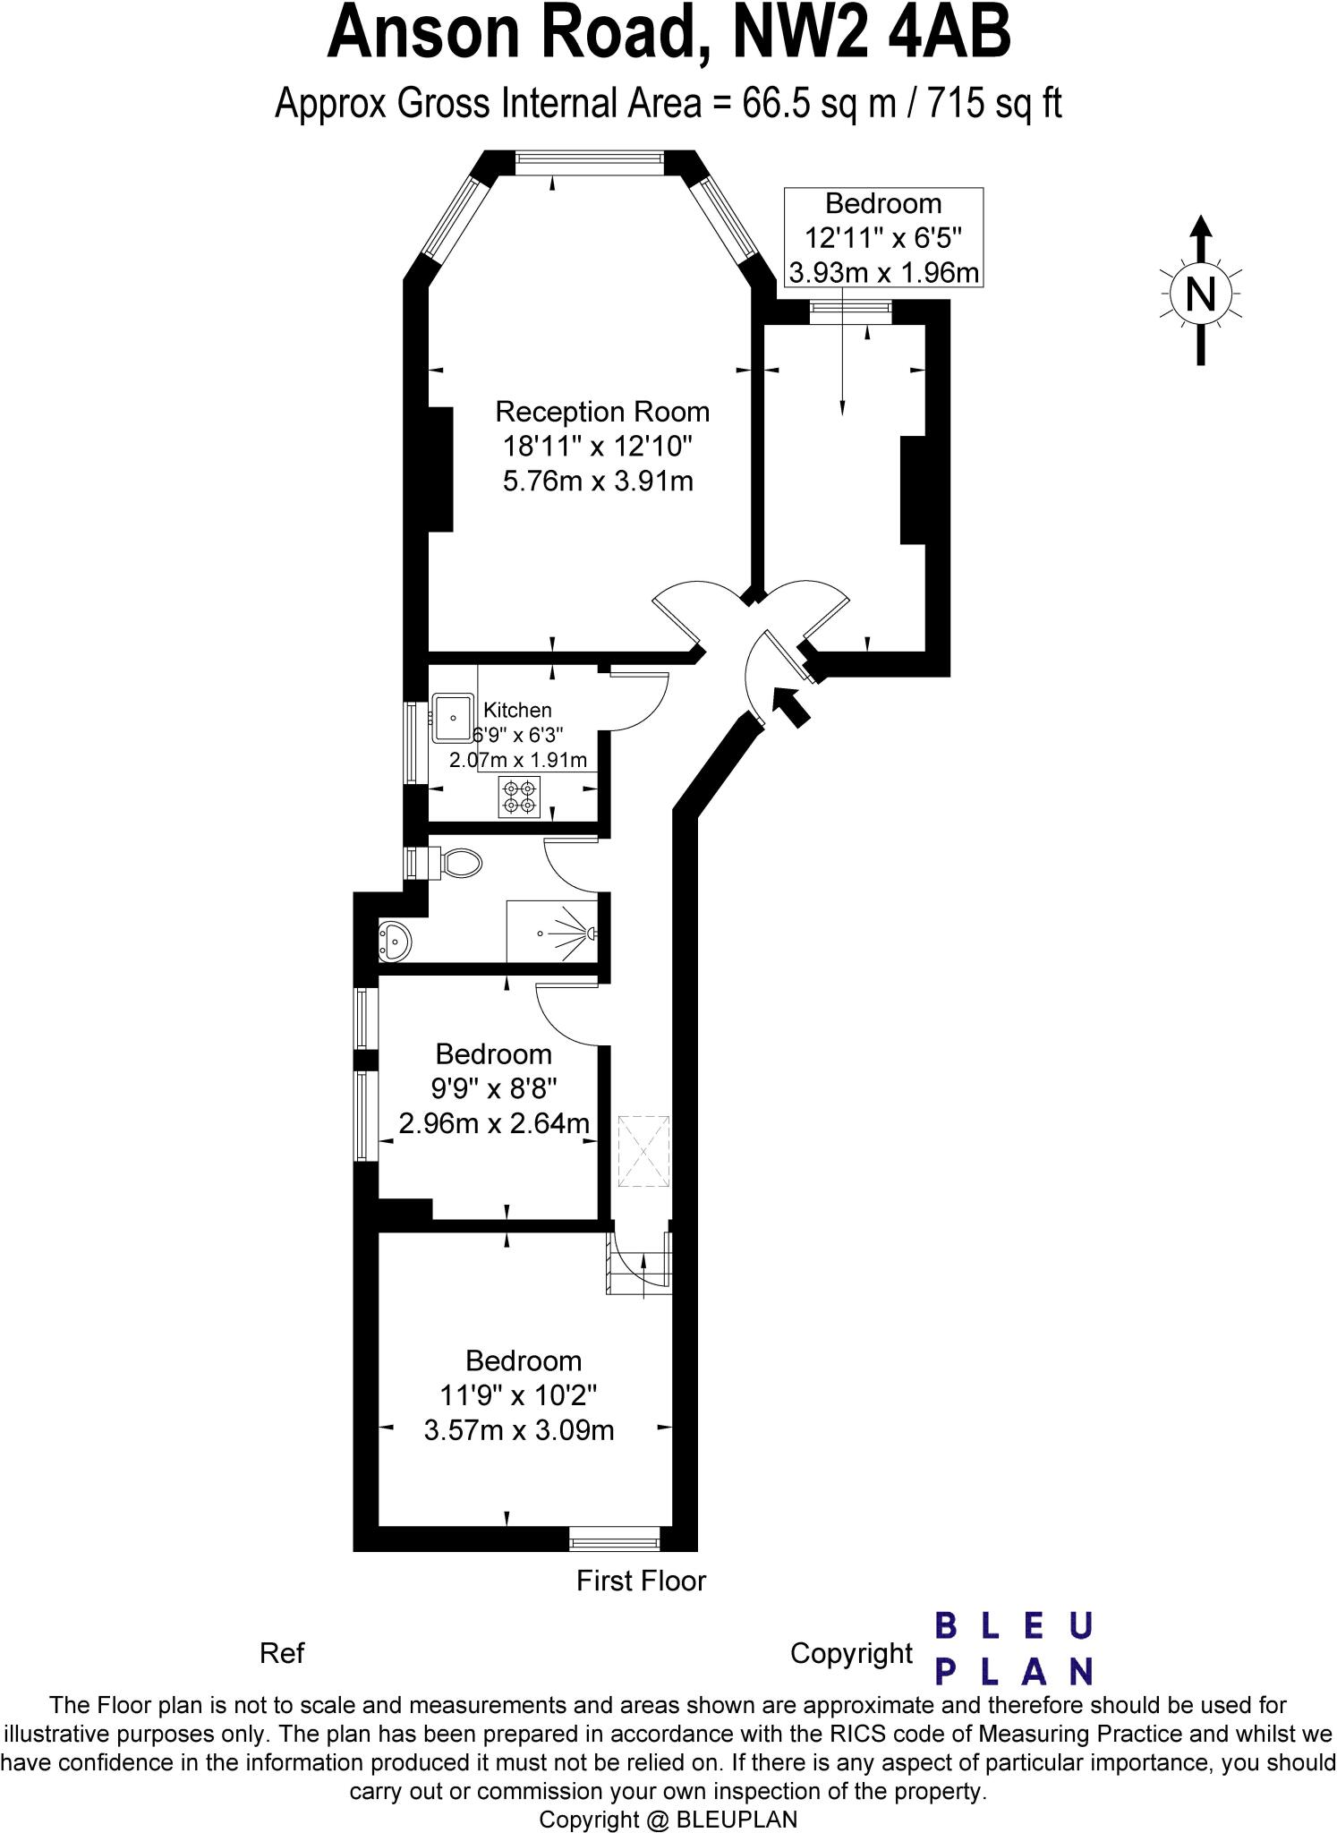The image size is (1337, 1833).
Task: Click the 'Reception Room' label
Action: [x=602, y=412]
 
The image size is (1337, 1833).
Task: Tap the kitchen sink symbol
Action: [x=454, y=717]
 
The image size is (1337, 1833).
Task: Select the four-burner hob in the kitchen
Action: [x=520, y=797]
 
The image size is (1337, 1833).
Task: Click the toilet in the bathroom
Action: [x=460, y=864]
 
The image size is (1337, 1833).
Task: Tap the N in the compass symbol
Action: [x=1200, y=293]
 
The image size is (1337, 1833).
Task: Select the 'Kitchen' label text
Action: [x=517, y=710]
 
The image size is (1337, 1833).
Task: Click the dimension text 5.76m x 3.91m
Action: [x=598, y=482]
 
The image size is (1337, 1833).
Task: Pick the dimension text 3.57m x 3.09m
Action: [x=519, y=1430]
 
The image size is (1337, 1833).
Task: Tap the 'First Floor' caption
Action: [x=641, y=1581]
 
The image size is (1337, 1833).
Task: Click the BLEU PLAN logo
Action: [x=1014, y=1650]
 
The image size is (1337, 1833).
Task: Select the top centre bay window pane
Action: [x=590, y=161]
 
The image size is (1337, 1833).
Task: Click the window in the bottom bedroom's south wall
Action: [x=615, y=1541]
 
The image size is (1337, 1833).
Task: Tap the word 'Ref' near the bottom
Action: [x=282, y=1653]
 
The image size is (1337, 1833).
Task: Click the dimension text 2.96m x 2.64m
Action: [x=494, y=1122]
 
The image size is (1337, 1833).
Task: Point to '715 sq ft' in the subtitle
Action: [x=994, y=104]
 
